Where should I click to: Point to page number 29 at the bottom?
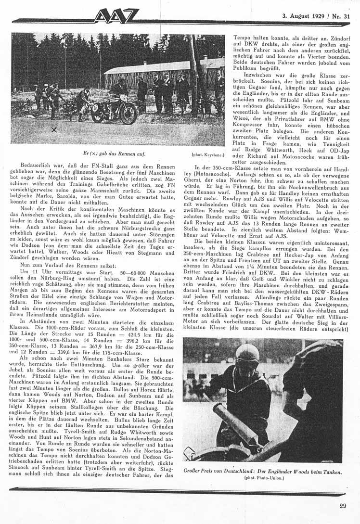(342, 505)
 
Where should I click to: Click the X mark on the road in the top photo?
(53, 129)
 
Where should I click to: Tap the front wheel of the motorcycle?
(128, 114)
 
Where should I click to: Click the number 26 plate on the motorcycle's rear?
(95, 107)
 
